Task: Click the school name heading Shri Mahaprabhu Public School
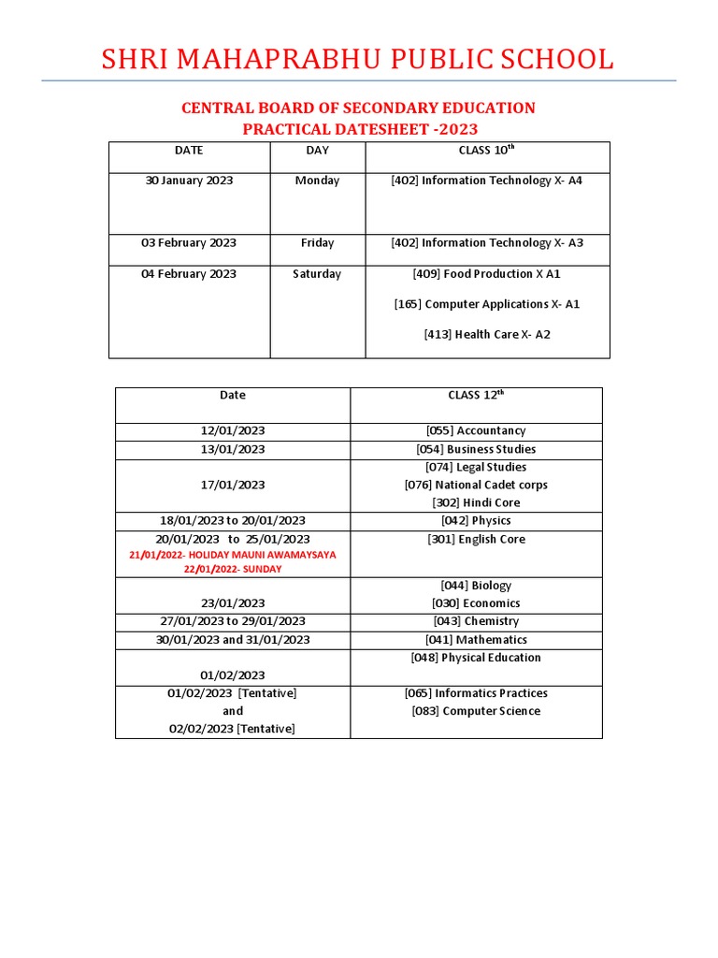point(358,60)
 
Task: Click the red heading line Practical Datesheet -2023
point(360,129)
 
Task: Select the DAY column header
point(317,151)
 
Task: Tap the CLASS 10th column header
point(486,151)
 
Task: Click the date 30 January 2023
point(190,181)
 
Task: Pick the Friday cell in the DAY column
point(317,243)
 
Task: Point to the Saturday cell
point(317,274)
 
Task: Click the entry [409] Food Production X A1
point(486,274)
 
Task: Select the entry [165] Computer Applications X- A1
point(486,304)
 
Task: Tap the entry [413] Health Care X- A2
point(486,334)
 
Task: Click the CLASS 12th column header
point(476,396)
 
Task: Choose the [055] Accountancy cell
point(476,431)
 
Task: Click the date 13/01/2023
point(233,450)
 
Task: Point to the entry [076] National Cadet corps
point(476,485)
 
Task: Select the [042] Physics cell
point(476,521)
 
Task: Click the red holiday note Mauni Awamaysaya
point(233,555)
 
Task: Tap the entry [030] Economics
point(476,603)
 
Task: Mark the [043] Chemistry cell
point(476,621)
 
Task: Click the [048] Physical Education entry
point(476,658)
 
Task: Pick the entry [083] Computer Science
point(476,711)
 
